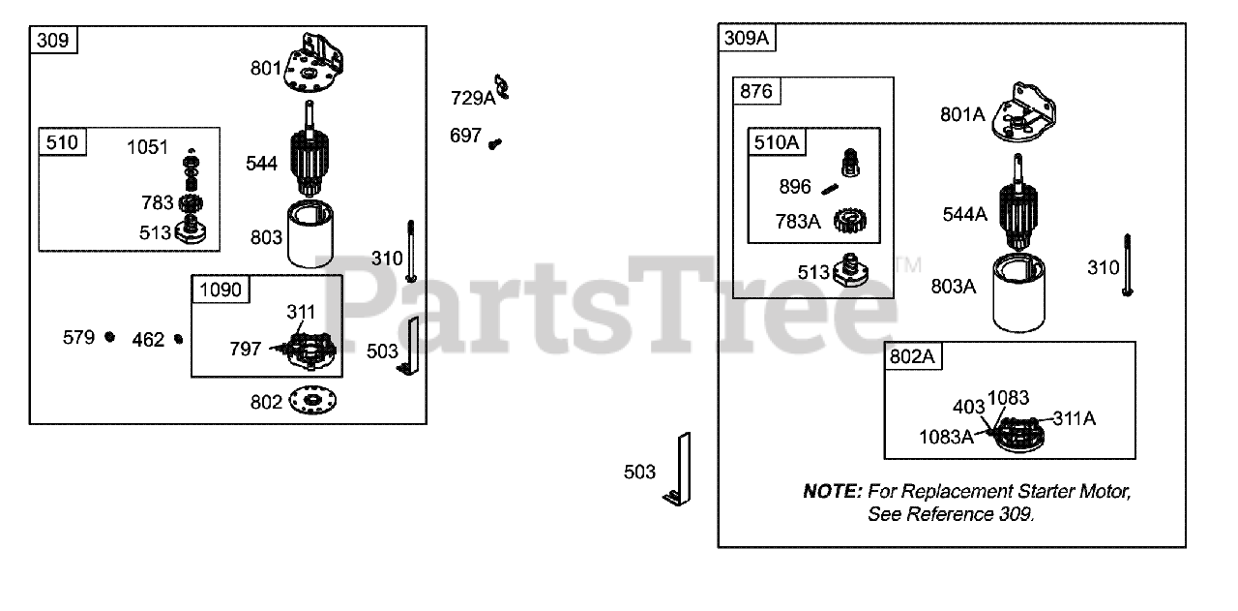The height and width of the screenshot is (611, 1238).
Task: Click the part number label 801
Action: [266, 69]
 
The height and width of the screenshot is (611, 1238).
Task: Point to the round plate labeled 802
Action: [315, 401]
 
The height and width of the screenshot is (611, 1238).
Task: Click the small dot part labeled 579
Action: [110, 337]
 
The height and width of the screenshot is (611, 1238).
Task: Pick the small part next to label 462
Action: [178, 339]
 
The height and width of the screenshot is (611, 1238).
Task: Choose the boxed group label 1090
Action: [220, 289]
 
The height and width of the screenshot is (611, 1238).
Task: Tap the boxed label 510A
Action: [777, 142]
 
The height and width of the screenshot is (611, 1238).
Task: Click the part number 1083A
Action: [946, 437]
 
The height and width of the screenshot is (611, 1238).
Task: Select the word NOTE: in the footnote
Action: [832, 492]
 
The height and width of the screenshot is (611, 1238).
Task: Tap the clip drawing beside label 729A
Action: [502, 88]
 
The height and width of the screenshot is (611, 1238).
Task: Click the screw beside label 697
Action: [495, 143]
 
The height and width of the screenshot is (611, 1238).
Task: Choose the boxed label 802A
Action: [913, 356]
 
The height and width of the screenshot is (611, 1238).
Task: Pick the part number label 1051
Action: [148, 147]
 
